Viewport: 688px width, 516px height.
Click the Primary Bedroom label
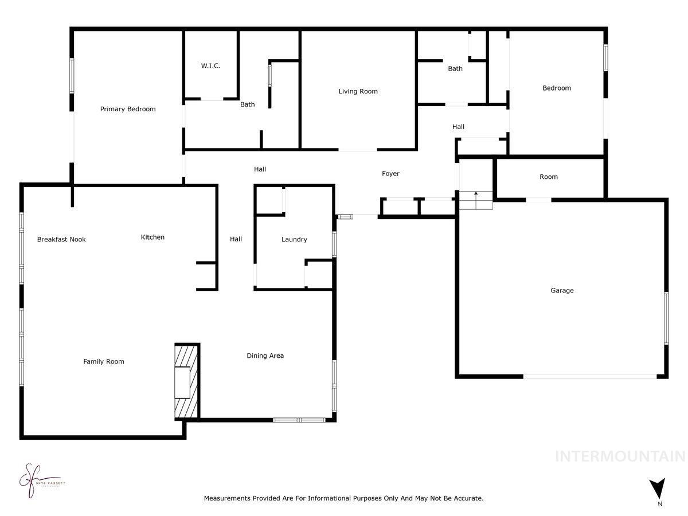(128, 109)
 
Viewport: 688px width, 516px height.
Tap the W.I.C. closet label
(210, 66)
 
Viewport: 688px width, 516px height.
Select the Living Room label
(358, 91)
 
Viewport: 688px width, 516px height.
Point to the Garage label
(562, 291)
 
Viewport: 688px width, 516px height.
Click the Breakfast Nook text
(61, 239)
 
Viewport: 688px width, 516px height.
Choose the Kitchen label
(153, 237)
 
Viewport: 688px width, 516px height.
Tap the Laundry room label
(294, 239)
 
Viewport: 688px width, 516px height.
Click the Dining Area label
(265, 355)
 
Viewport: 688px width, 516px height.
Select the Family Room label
(104, 361)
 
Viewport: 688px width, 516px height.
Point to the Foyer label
(390, 173)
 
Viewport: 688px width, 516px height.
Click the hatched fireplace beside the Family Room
(186, 381)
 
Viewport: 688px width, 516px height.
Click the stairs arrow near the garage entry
(476, 195)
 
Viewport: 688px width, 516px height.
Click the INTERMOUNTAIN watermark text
(620, 456)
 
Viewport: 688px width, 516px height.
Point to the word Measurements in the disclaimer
(226, 499)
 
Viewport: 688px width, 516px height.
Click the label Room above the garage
(548, 177)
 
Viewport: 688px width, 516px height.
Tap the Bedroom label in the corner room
(557, 88)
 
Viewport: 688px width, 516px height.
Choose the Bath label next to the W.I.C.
(247, 104)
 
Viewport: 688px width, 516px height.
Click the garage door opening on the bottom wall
(590, 376)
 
